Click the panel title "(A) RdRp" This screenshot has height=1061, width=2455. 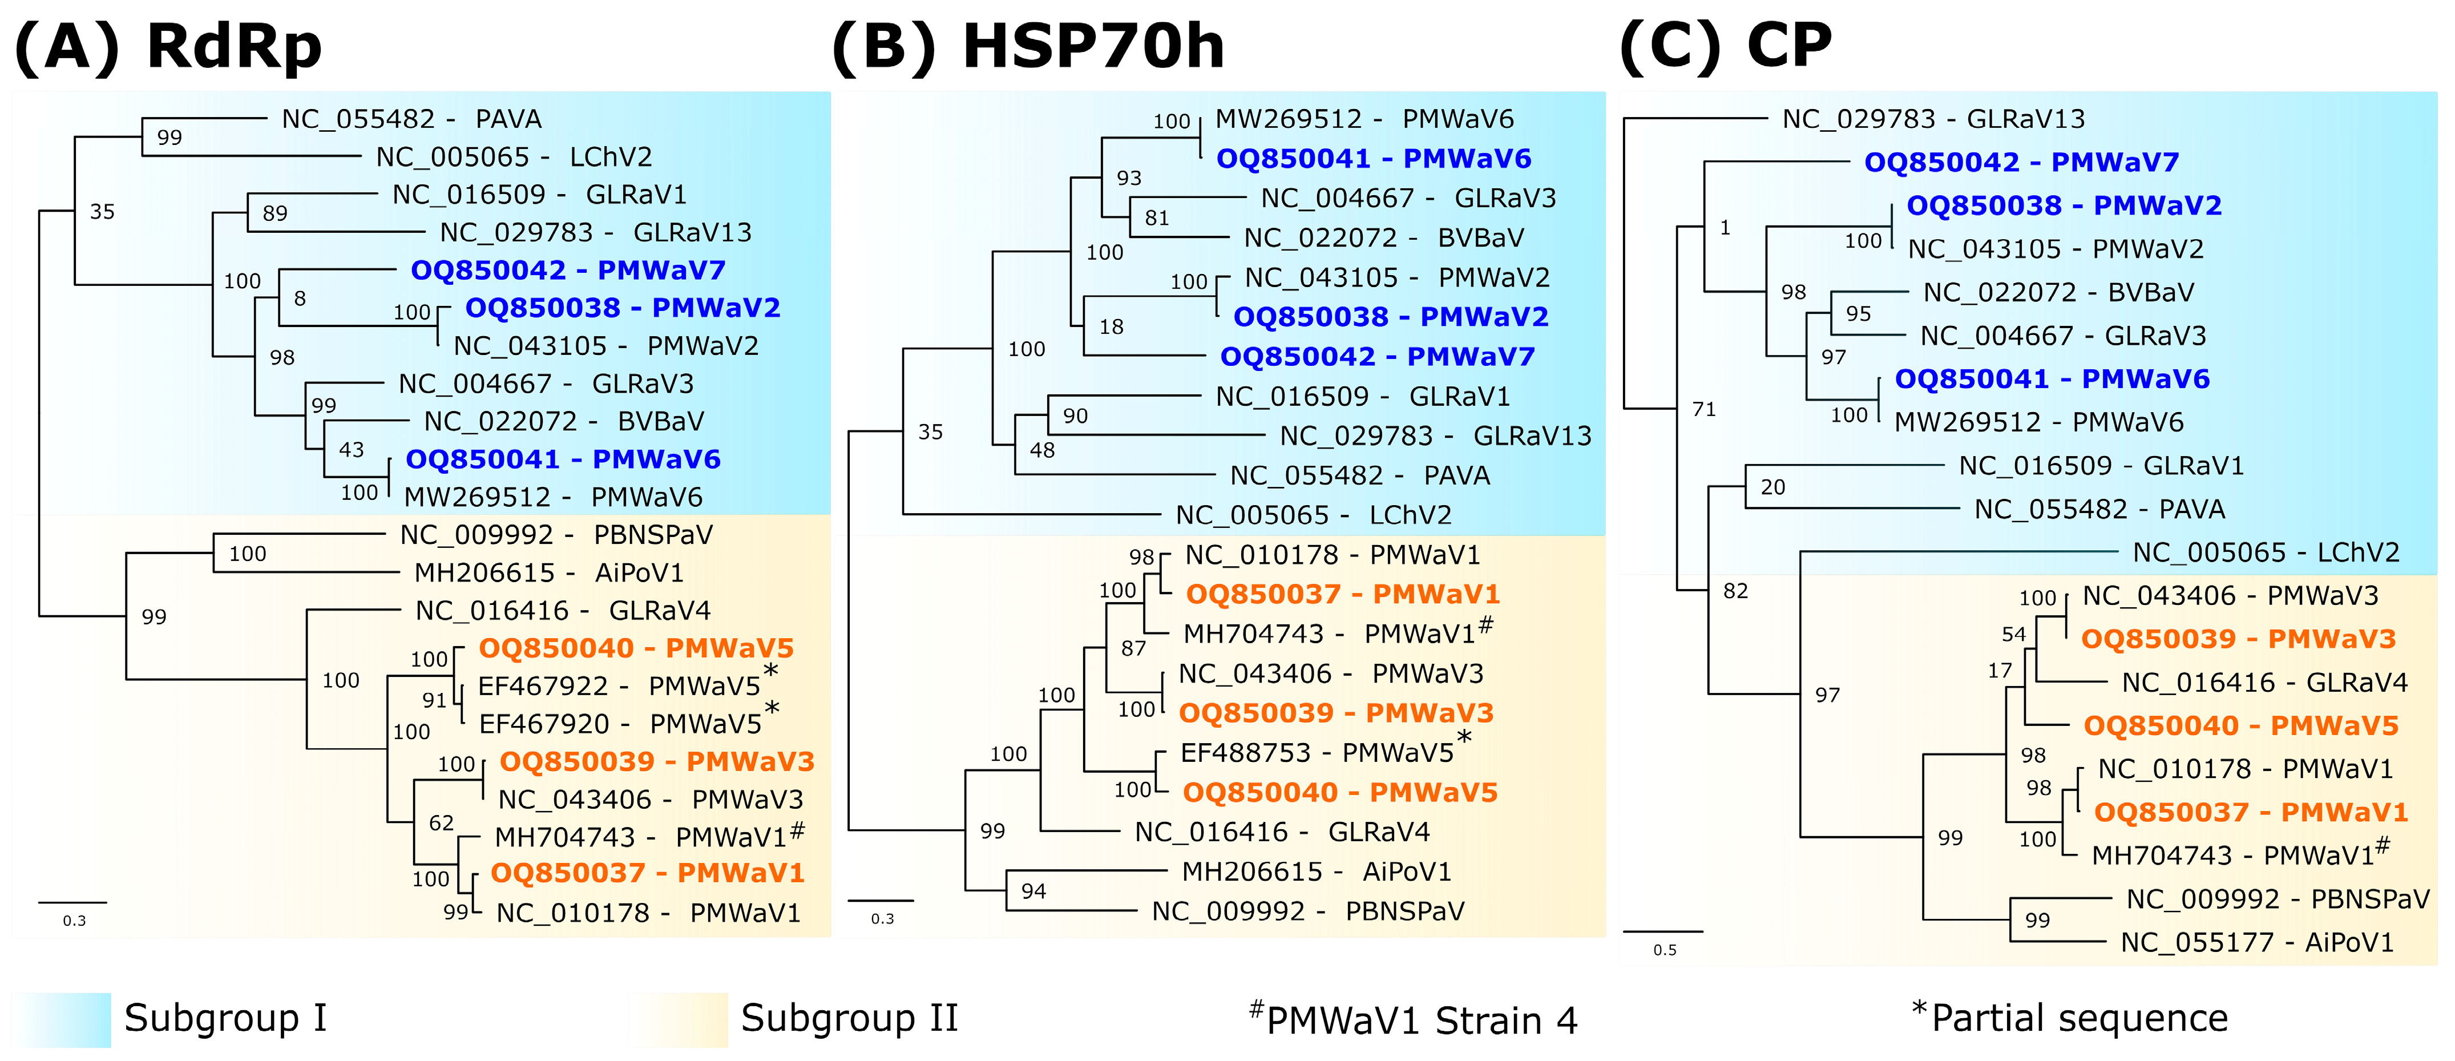coord(169,46)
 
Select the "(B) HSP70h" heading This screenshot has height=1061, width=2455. coord(1027,46)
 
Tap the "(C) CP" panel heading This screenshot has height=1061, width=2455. coord(1725,46)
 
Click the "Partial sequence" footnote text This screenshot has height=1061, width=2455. coord(2078,1018)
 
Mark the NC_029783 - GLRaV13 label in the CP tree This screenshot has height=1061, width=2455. coord(1933,119)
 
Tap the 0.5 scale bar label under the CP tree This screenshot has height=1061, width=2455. coord(1664,950)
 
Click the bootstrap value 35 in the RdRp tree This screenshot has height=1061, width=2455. coord(102,212)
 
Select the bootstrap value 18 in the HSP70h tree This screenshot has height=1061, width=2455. coord(1111,327)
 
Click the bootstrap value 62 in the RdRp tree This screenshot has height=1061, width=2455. coord(441,822)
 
